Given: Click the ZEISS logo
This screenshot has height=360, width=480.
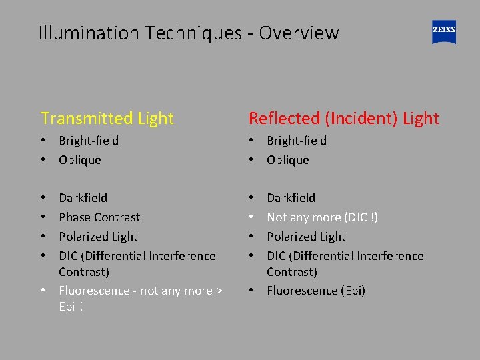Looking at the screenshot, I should (444, 32).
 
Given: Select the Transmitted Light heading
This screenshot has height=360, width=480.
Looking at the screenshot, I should (107, 119).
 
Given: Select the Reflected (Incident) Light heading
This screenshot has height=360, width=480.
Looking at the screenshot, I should (343, 119).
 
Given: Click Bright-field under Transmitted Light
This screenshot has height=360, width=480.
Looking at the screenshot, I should (89, 141).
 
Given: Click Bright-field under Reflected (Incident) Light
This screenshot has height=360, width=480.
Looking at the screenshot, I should (297, 141).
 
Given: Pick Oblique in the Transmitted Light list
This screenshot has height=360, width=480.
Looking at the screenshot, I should (80, 160).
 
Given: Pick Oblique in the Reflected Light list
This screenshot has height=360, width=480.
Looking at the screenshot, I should (288, 160).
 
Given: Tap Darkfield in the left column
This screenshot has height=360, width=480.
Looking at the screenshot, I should (83, 198).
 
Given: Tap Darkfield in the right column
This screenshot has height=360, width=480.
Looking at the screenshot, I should (291, 198).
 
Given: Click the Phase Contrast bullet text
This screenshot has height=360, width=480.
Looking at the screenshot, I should (99, 217).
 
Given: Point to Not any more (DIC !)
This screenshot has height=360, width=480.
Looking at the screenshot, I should (322, 217).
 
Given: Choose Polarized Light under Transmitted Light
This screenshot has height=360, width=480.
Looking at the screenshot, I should (98, 237).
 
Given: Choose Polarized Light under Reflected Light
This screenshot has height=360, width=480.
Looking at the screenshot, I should (306, 237).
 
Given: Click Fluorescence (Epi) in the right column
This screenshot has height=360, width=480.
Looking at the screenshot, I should (316, 291).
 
